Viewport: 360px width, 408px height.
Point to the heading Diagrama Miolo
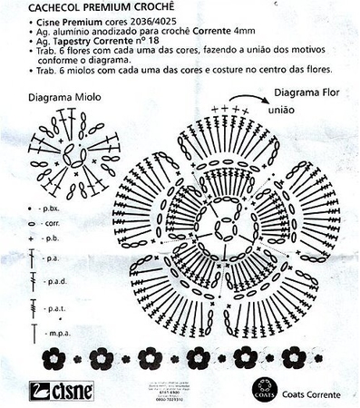(63, 94)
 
